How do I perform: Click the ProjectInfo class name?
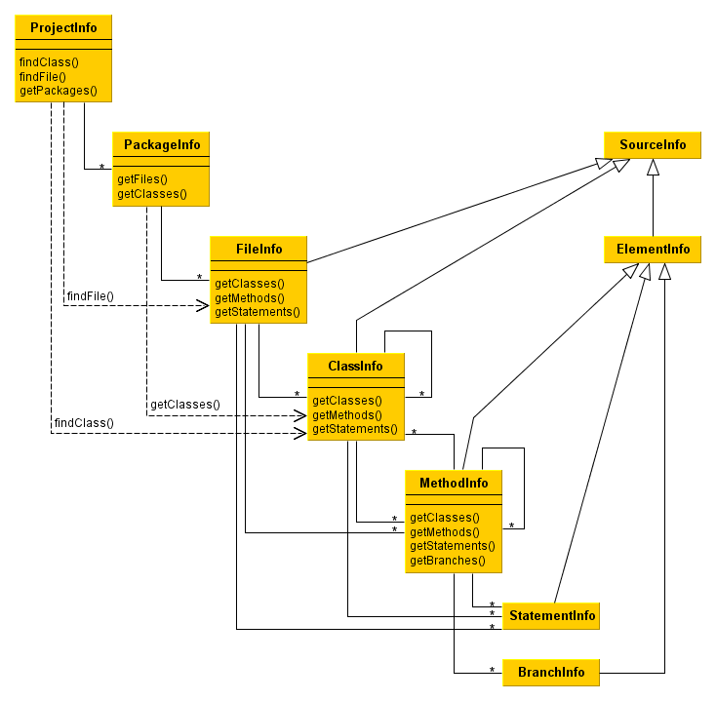(63, 27)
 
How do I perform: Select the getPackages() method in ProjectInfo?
(59, 91)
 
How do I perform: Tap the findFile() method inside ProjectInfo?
(43, 76)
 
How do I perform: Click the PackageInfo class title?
(162, 144)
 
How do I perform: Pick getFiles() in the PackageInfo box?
(142, 179)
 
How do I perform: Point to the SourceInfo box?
(653, 145)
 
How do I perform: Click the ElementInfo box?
(653, 250)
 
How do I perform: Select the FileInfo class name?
(259, 249)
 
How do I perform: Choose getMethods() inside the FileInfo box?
(250, 298)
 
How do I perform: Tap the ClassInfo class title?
(356, 366)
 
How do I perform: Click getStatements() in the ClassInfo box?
(355, 429)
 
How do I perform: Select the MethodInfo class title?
(454, 483)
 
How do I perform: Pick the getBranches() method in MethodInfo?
(448, 561)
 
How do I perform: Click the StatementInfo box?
(550, 616)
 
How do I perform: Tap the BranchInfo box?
(551, 673)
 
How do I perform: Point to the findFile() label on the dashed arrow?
(91, 295)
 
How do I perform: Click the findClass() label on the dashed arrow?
(84, 423)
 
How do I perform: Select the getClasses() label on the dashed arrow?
(185, 404)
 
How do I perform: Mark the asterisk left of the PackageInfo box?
(101, 168)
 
